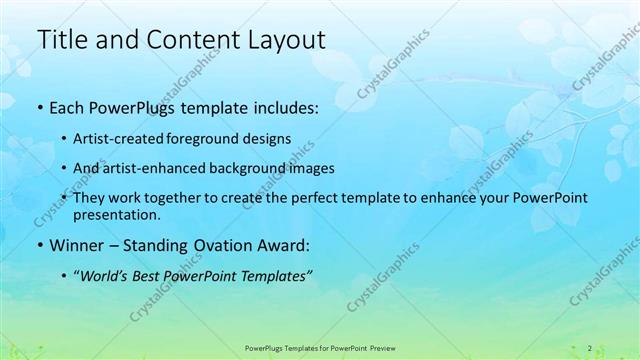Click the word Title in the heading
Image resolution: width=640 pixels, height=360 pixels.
(61, 40)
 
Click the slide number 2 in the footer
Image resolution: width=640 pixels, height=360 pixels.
(589, 347)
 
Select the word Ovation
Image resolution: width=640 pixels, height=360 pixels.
(230, 244)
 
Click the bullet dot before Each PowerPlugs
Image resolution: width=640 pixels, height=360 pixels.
(39, 108)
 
